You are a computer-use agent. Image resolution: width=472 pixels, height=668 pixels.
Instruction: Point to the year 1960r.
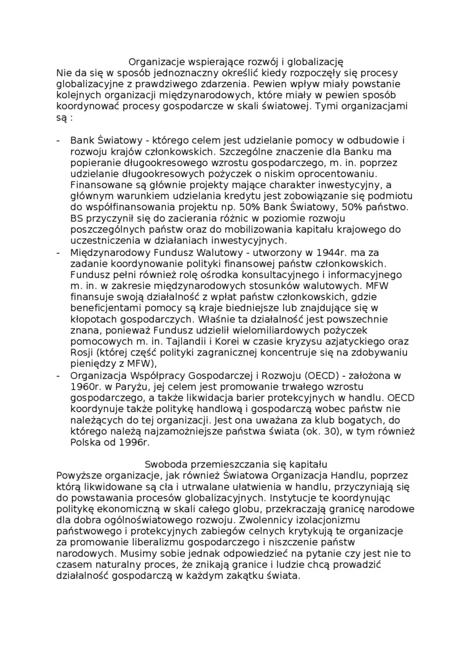(86, 387)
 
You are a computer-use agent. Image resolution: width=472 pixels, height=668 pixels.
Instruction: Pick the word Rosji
(83, 353)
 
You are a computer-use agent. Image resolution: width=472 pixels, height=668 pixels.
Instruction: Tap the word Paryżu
(131, 387)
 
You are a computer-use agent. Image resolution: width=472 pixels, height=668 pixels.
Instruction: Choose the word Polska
(86, 442)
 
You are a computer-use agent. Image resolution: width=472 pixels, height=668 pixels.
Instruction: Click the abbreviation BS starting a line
(77, 219)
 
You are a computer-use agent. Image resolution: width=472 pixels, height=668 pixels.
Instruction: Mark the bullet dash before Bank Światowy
(58, 140)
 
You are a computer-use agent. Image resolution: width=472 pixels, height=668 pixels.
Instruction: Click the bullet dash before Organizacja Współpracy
(58, 375)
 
